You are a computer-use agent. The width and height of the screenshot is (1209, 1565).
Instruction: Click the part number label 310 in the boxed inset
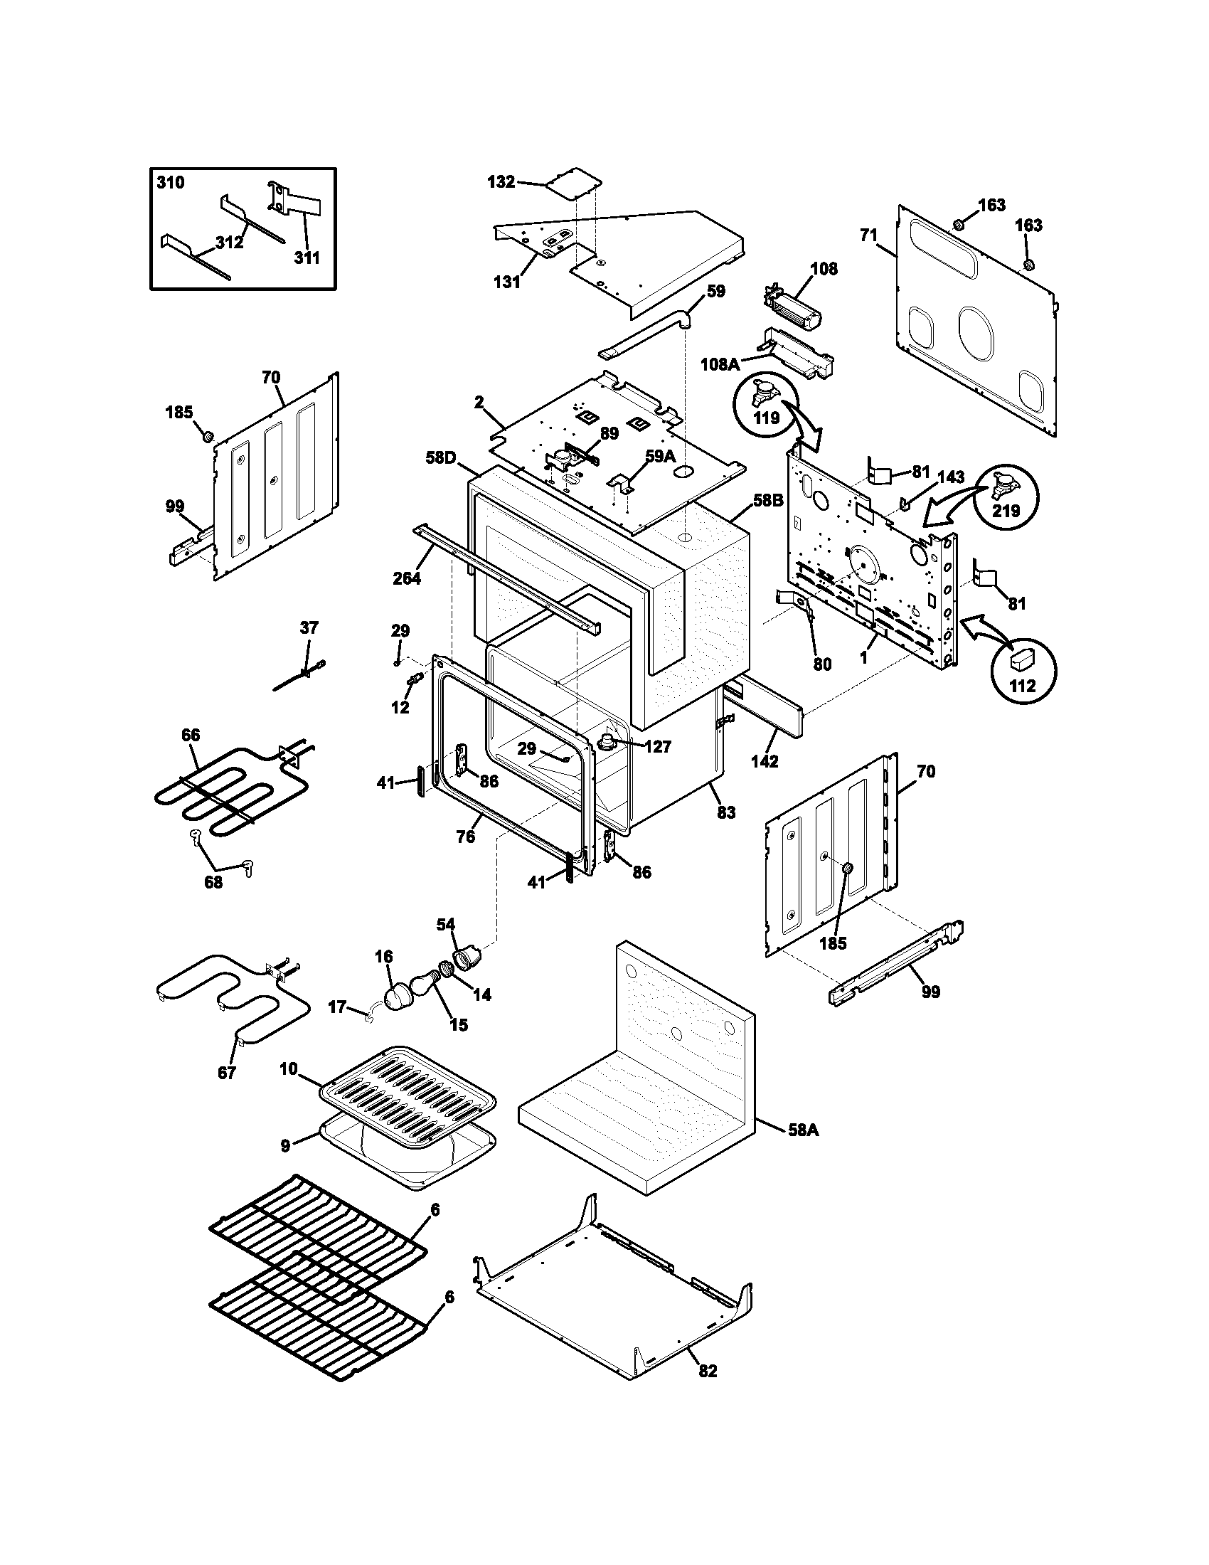click(171, 183)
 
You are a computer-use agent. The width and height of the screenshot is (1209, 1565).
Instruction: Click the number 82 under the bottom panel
click(707, 1370)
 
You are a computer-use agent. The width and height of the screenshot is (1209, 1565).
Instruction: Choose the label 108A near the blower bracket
click(720, 365)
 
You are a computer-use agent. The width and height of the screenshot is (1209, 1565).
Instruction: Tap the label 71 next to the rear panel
click(868, 234)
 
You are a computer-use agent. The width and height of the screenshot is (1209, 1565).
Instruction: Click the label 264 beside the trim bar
click(407, 578)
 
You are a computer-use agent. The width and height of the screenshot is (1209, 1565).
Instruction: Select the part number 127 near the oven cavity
click(657, 747)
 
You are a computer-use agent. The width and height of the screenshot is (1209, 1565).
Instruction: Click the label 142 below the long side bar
click(765, 762)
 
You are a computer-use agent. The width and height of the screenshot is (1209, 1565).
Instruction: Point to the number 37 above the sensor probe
click(308, 627)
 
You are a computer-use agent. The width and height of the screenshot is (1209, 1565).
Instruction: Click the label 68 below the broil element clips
click(213, 882)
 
